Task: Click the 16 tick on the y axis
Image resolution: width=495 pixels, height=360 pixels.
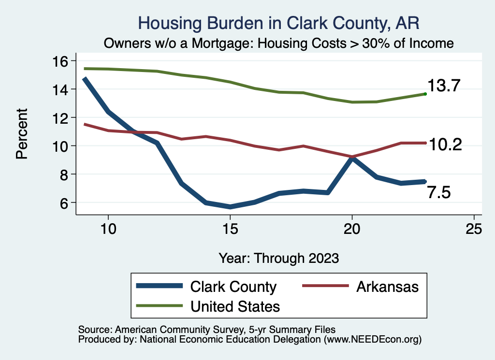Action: (62, 61)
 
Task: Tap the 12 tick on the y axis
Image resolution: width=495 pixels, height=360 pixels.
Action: (62, 117)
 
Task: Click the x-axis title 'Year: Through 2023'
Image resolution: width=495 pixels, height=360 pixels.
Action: (278, 258)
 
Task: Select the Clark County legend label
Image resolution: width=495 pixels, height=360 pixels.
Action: (233, 287)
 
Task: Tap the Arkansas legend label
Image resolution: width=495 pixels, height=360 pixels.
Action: (387, 287)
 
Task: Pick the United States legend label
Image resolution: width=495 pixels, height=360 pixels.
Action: (235, 306)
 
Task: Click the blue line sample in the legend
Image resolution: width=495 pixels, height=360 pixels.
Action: (160, 286)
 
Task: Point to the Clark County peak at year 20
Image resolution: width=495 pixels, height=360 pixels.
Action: (352, 158)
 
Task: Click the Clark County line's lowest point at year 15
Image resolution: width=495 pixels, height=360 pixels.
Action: (230, 206)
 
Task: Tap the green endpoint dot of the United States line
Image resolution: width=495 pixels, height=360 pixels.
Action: (425, 94)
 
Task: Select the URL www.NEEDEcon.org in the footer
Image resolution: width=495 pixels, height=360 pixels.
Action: (372, 340)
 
